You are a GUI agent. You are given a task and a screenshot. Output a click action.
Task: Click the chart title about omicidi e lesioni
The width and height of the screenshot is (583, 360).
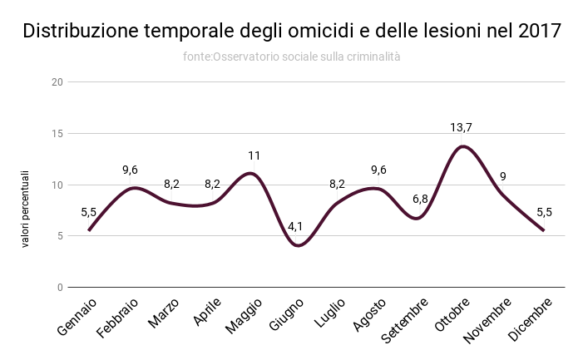point(291,31)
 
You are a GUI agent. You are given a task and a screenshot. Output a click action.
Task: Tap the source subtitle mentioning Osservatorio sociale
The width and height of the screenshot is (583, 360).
point(291,57)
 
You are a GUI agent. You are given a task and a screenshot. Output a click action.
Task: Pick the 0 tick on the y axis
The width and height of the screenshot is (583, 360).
point(59,287)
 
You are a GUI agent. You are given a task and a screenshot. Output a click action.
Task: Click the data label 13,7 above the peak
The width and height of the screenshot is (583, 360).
point(462,127)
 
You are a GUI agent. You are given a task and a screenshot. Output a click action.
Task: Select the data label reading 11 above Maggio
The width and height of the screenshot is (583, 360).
point(254,155)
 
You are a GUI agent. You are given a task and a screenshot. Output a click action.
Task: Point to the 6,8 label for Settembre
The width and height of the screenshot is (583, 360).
point(421,199)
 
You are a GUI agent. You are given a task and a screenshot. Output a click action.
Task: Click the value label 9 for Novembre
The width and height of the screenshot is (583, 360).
point(503,176)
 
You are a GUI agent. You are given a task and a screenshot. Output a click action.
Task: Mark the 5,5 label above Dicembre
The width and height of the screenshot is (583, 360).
point(545,212)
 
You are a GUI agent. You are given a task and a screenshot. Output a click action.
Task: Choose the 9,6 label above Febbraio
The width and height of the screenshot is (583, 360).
point(130,170)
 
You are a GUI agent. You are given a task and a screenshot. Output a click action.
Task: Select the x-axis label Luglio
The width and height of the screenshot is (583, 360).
point(329,315)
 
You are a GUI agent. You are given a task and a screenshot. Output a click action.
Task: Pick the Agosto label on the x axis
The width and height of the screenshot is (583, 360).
point(369,315)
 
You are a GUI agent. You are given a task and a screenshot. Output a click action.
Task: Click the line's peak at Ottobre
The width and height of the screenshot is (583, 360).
point(462,146)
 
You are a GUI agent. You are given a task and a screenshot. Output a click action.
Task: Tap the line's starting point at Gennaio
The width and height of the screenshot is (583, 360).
point(88,230)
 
